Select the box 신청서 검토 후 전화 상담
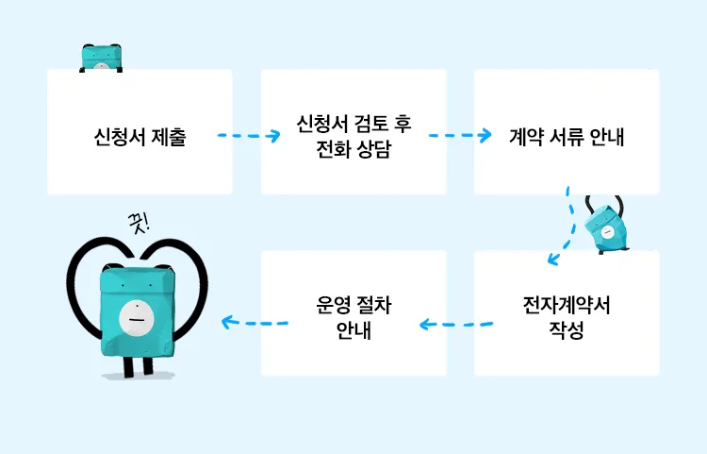pos(353,170)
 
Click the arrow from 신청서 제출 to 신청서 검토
pos(249,136)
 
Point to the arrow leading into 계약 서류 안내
pos(461,136)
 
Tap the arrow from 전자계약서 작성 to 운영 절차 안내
pos(455,325)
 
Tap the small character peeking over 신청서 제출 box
pos(102,57)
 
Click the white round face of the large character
pos(136,318)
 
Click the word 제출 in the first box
pos(168,137)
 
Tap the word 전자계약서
pos(567,307)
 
